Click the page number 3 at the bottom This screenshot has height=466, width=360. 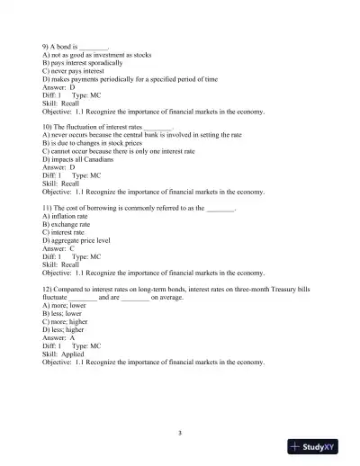[x=180, y=434]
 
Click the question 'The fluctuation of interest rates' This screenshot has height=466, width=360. [x=99, y=127]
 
